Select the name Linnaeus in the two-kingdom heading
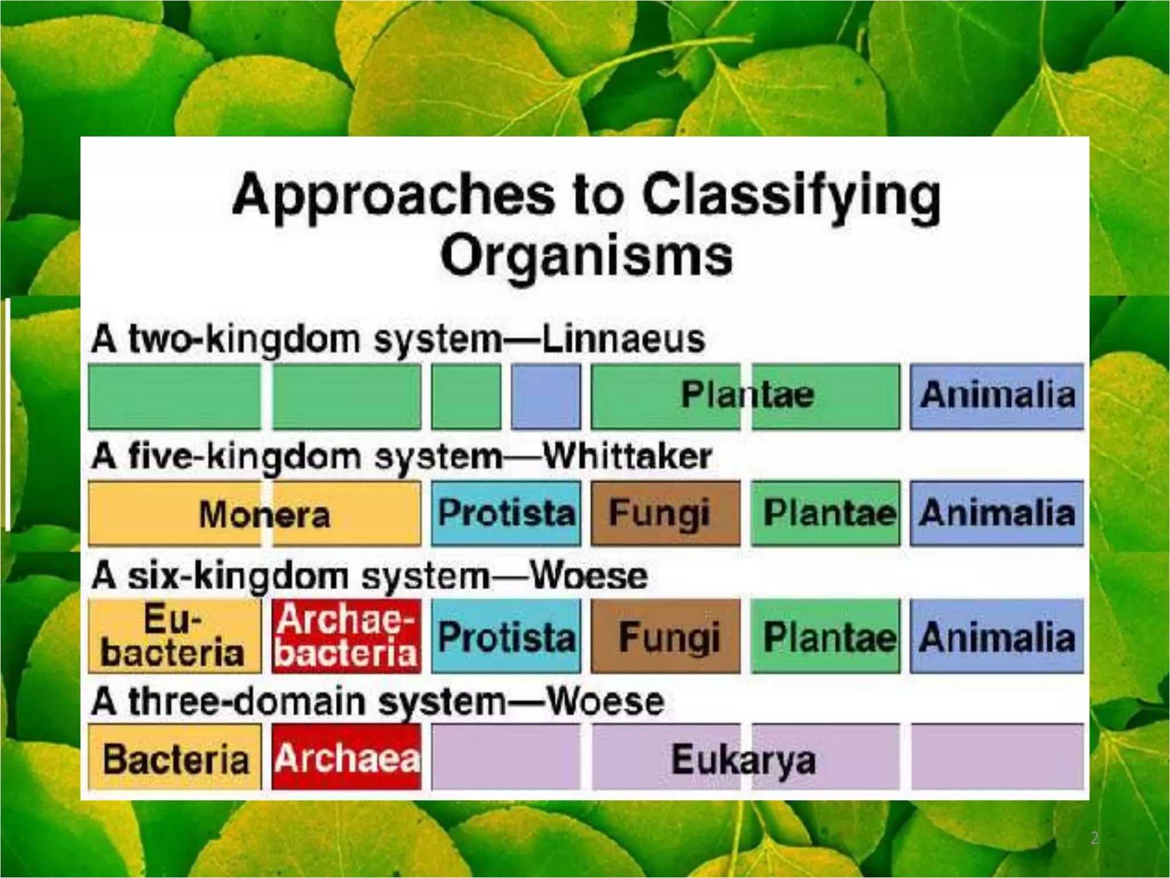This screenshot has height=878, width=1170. (623, 339)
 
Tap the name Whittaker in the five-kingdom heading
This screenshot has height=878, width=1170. (627, 456)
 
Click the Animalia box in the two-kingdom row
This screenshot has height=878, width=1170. (996, 396)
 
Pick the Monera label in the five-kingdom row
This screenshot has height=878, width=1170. (265, 514)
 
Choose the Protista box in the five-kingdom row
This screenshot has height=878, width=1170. (506, 513)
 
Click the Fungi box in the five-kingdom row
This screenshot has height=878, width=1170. (664, 513)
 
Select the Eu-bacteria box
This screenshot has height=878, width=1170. (174, 636)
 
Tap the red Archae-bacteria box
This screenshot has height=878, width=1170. (346, 636)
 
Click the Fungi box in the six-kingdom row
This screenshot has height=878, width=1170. (666, 636)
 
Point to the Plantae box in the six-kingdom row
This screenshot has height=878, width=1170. (825, 636)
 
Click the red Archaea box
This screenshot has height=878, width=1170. (346, 758)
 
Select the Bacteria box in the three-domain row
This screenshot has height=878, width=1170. (174, 758)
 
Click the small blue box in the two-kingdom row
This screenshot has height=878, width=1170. (546, 396)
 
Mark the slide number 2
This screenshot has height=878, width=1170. (1094, 838)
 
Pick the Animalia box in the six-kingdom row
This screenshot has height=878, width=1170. (996, 636)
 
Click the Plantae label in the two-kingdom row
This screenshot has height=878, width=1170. (747, 394)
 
